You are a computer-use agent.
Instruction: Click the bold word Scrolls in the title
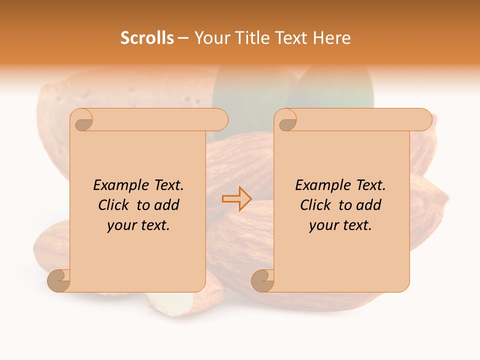click(x=147, y=38)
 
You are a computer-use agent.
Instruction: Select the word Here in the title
click(x=331, y=38)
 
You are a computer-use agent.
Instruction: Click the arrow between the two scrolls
click(x=236, y=199)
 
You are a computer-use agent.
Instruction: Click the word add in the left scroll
click(x=166, y=205)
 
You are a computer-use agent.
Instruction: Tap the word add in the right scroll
click(x=368, y=205)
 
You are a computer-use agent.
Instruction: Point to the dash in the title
click(x=183, y=38)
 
